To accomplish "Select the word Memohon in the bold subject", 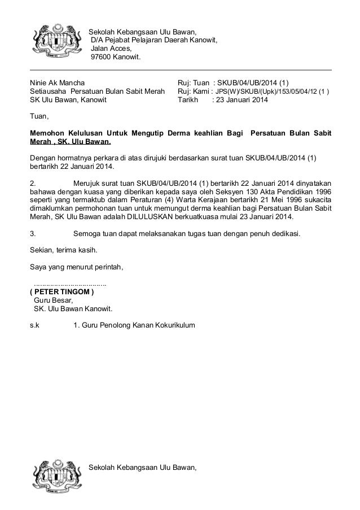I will [48, 133].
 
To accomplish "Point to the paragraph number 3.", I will [33, 233].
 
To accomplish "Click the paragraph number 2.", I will [33, 183].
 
